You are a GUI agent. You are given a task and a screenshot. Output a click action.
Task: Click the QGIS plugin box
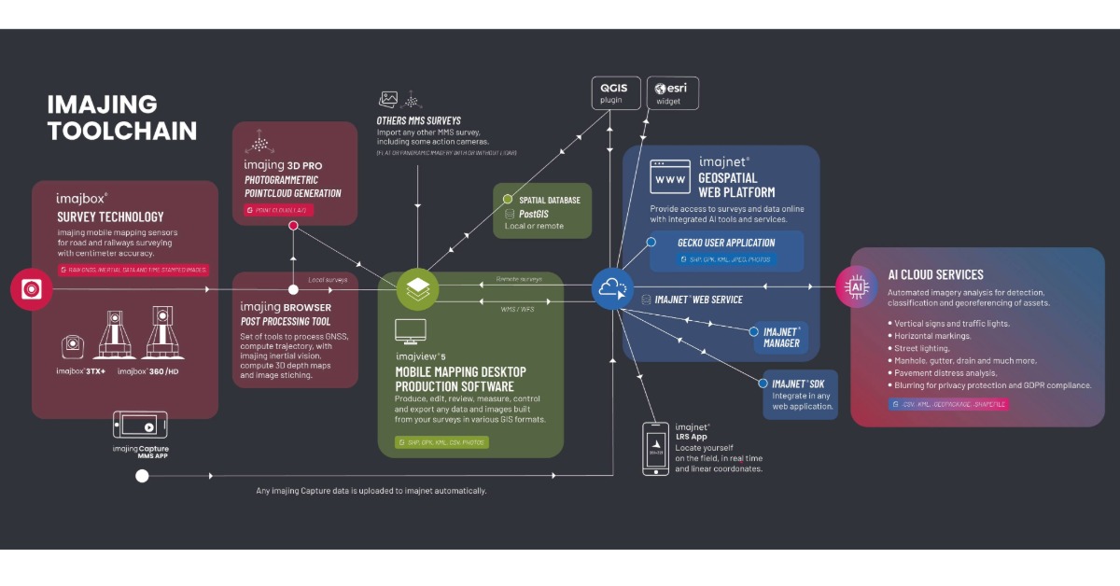617,94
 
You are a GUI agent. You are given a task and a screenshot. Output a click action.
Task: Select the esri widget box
672,93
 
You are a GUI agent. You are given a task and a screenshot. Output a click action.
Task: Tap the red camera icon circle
32,290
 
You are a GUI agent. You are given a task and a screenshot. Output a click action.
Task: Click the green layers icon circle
418,289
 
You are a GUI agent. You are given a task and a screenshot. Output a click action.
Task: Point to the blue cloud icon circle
613,289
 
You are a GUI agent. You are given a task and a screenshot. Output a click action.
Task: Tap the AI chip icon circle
856,288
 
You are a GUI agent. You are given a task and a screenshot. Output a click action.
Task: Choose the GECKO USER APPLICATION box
726,250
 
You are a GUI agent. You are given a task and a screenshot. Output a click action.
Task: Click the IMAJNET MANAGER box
780,337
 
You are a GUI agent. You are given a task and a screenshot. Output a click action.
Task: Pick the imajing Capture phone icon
140,426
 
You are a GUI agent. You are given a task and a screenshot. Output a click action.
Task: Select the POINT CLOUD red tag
276,211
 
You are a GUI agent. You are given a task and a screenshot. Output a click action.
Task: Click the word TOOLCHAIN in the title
122,132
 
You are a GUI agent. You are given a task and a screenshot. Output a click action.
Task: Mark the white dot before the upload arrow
142,476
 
